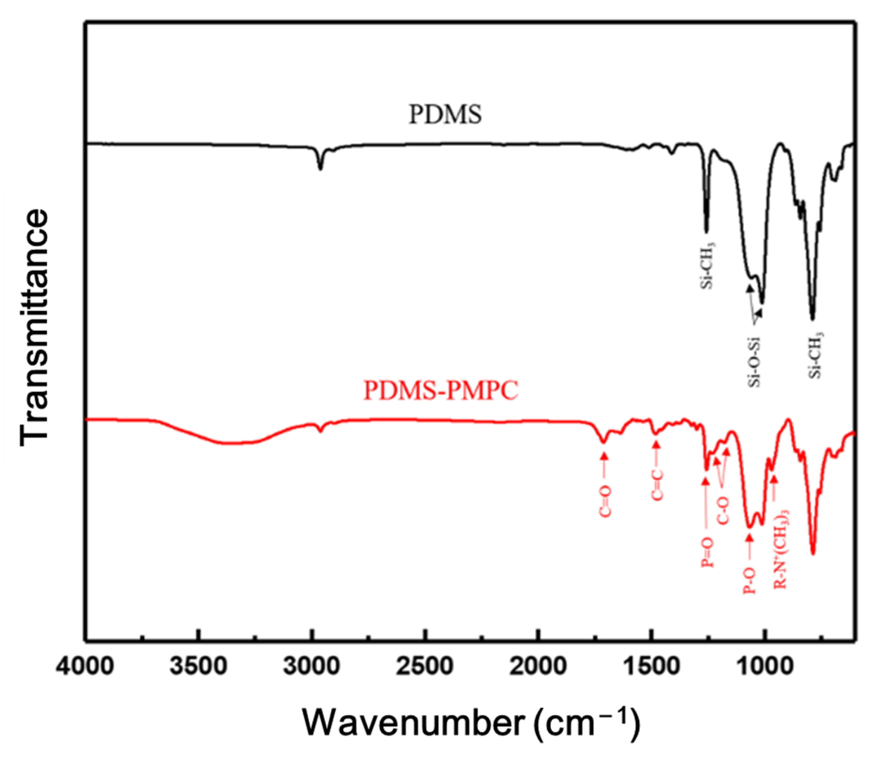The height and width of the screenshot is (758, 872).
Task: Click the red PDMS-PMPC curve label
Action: point(441,390)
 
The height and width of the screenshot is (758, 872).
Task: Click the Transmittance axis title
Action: point(34,328)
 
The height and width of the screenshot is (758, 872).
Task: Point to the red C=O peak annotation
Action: point(605,502)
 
